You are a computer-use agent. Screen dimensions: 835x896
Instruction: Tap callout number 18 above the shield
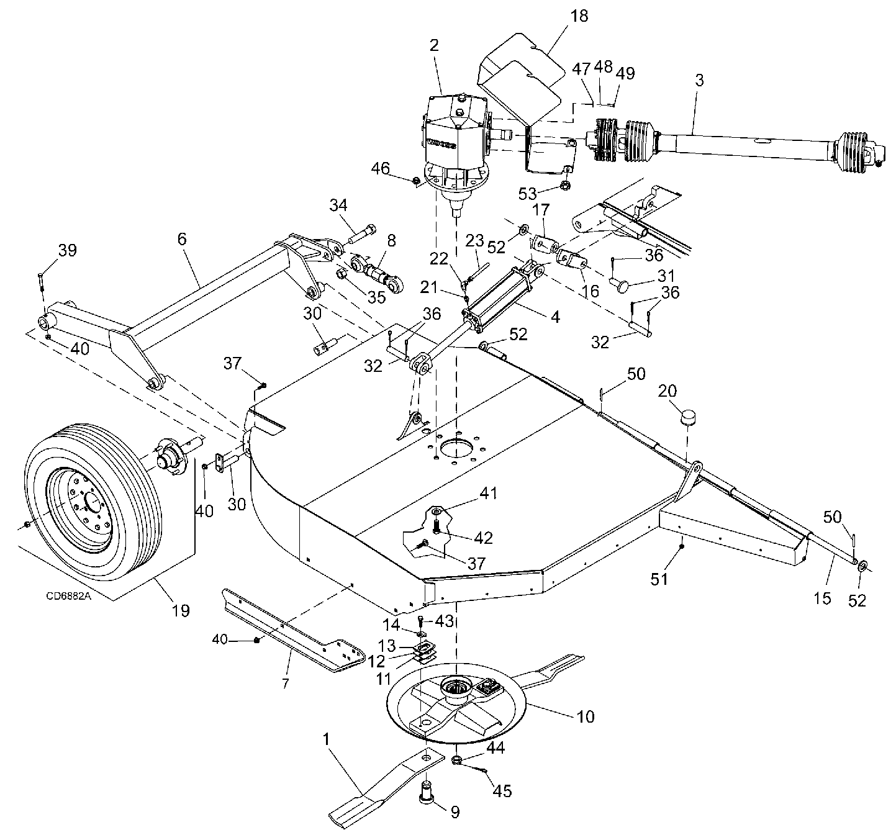point(579,16)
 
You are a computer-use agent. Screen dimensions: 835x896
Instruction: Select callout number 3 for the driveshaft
point(699,81)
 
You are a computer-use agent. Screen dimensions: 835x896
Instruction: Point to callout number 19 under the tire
point(181,611)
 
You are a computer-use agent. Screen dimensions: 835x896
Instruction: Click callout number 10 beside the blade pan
point(586,717)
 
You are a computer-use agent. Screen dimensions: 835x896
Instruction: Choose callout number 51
point(659,579)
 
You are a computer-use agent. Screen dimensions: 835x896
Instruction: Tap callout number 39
point(68,251)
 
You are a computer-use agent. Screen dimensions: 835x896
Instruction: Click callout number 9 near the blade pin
point(455,812)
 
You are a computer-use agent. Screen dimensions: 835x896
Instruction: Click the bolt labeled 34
point(362,234)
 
